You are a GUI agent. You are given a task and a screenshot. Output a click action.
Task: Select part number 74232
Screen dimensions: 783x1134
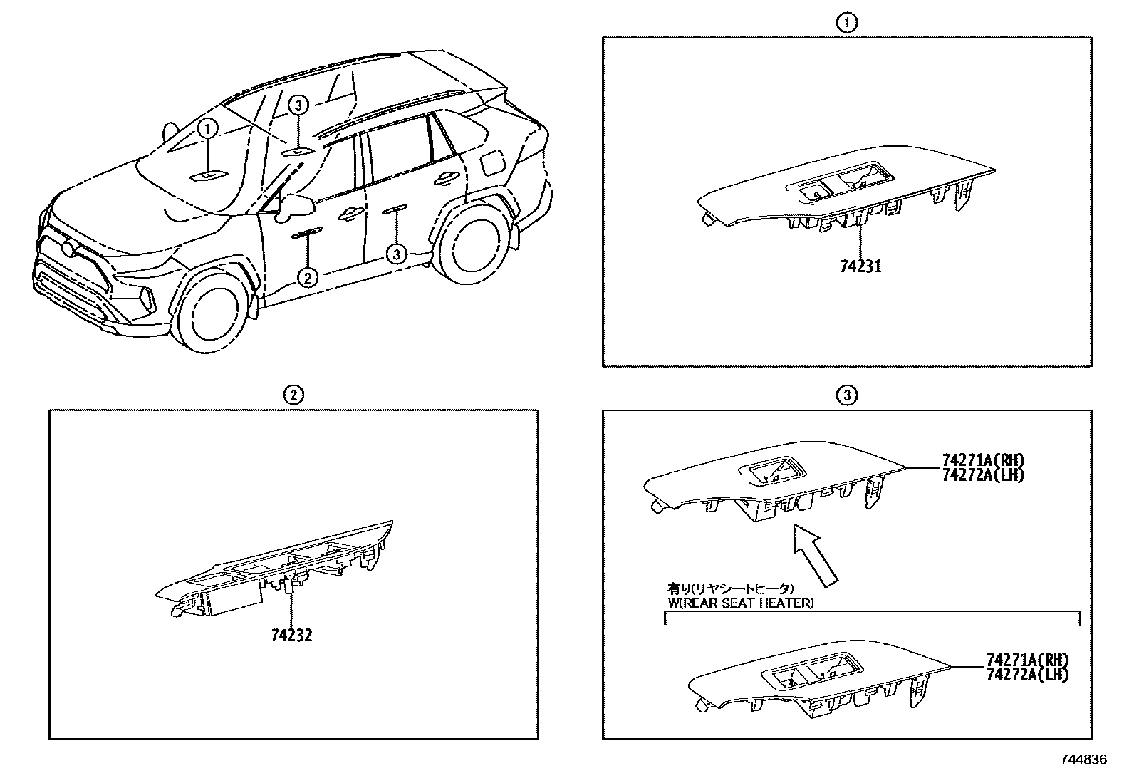pos(291,635)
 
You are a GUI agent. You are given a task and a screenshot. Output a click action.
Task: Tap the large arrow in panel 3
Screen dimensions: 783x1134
pos(816,556)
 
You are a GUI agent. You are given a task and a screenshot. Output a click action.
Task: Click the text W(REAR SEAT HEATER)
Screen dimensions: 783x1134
pos(739,603)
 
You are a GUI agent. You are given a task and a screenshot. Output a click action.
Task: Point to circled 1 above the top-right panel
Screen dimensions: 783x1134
pos(846,23)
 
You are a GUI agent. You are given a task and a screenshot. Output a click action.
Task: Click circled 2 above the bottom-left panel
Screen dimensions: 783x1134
pos(293,394)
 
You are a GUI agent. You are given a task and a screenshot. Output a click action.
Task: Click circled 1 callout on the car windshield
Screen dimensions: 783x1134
pos(207,129)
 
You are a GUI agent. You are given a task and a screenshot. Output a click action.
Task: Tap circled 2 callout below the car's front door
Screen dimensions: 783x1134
pos(307,276)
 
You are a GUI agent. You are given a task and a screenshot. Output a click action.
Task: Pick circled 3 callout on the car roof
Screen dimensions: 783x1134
pos(298,106)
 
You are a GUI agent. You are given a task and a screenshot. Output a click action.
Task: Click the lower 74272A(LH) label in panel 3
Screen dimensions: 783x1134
pos(1028,674)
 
